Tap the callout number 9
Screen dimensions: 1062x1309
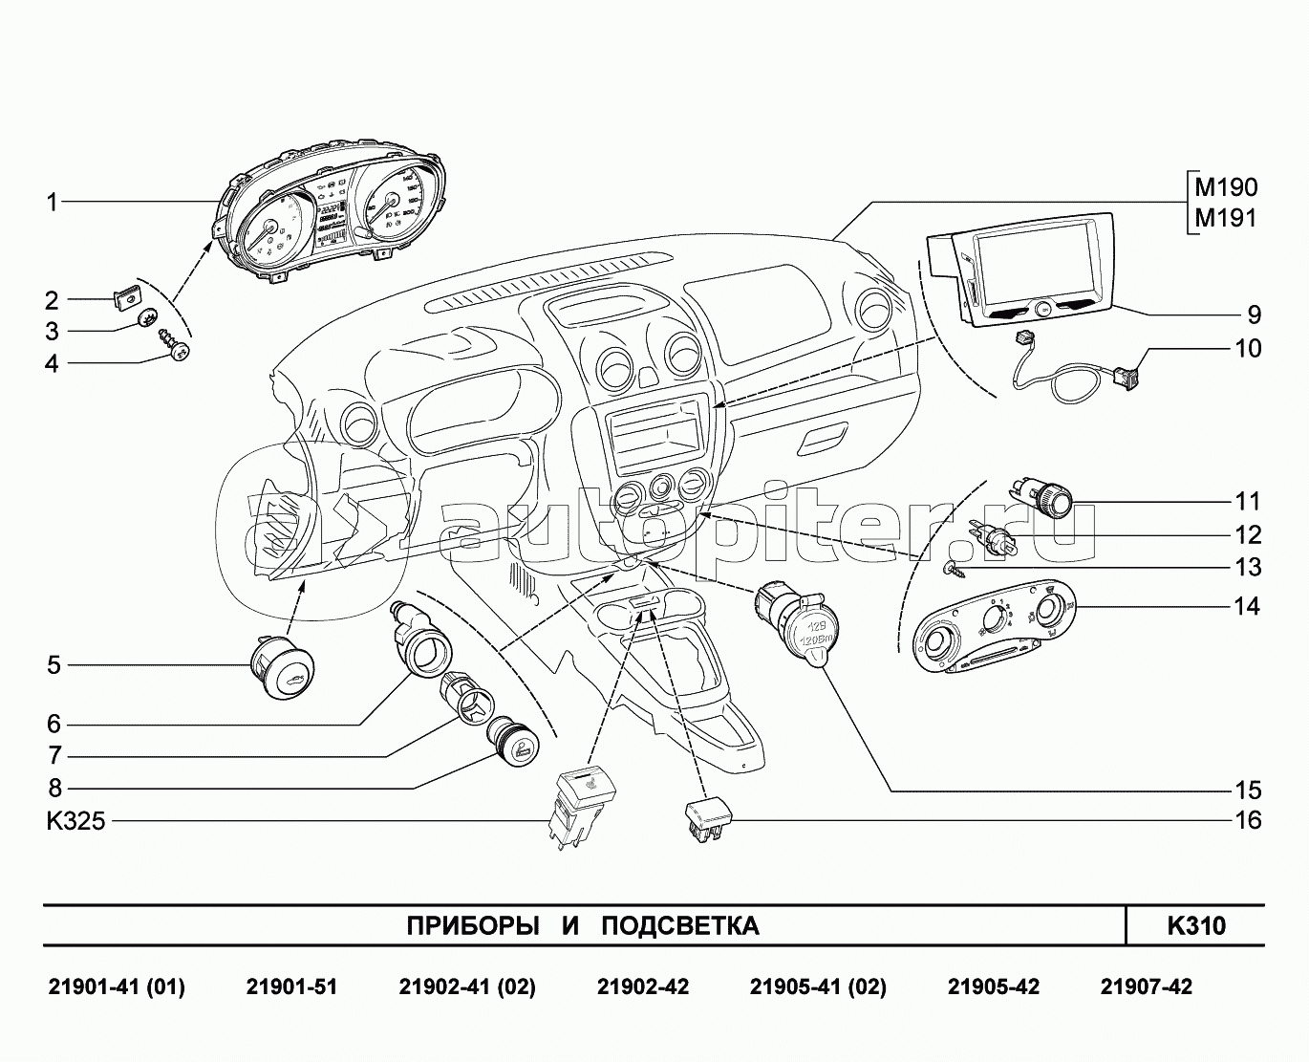1253,314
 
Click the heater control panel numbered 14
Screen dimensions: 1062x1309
988,633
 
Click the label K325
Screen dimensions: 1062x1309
75,821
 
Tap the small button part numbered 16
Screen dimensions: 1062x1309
708,820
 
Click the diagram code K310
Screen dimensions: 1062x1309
1195,925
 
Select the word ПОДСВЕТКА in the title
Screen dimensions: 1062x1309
680,925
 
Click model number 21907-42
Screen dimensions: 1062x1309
1146,986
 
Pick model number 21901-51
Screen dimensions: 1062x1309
291,986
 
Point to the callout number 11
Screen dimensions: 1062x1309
1247,501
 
